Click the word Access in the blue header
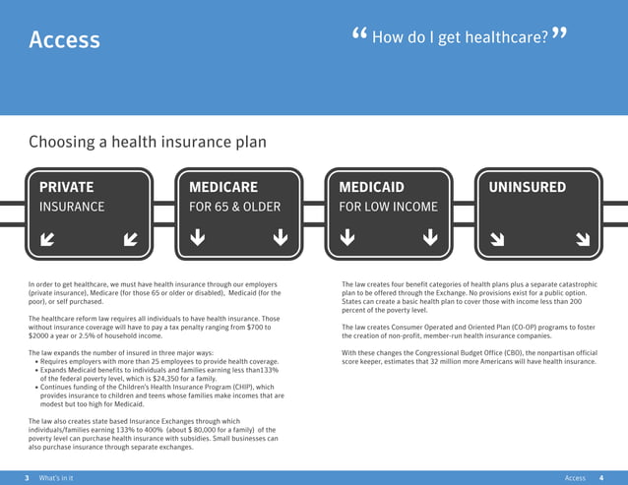[x=65, y=39]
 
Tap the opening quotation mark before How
[x=359, y=36]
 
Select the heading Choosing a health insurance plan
[x=148, y=142]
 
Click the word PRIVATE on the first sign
[x=67, y=187]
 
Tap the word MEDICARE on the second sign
[x=223, y=187]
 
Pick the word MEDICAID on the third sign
[x=371, y=187]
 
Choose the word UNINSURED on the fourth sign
[x=528, y=187]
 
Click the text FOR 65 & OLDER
[x=234, y=208]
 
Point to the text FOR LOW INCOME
[x=388, y=208]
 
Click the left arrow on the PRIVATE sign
[x=47, y=238]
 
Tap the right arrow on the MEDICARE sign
[x=281, y=237]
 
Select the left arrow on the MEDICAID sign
[x=346, y=237]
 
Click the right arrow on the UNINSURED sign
[x=581, y=238]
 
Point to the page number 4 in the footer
[x=600, y=477]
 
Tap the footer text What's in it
[x=56, y=477]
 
